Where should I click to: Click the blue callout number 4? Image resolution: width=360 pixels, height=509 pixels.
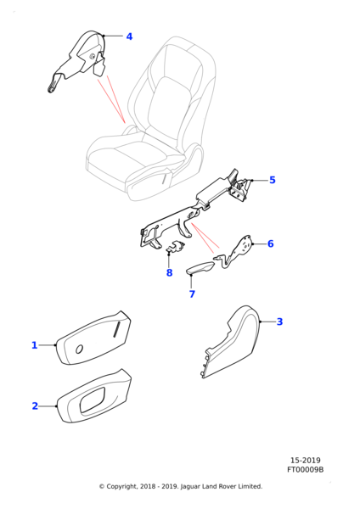129,36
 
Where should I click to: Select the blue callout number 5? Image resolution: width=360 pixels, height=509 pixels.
273,180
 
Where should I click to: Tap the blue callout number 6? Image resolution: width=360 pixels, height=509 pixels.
271,243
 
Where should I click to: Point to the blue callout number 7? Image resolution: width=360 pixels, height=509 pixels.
192,294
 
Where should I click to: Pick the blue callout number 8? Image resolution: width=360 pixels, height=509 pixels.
169,272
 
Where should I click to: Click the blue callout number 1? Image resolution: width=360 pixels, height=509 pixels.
35,345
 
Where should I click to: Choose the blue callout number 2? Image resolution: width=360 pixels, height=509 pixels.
35,406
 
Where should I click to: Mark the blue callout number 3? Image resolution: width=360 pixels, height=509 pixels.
279,322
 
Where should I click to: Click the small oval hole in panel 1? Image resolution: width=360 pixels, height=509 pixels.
79,350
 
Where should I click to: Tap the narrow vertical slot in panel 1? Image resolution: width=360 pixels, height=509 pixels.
116,330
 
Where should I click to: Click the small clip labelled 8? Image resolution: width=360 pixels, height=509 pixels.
176,246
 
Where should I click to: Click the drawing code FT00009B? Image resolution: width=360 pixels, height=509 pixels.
305,469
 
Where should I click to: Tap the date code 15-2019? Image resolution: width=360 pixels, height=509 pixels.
305,461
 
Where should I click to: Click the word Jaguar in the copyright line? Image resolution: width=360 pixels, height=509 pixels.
190,486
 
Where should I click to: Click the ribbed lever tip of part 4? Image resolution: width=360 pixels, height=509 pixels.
53,87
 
